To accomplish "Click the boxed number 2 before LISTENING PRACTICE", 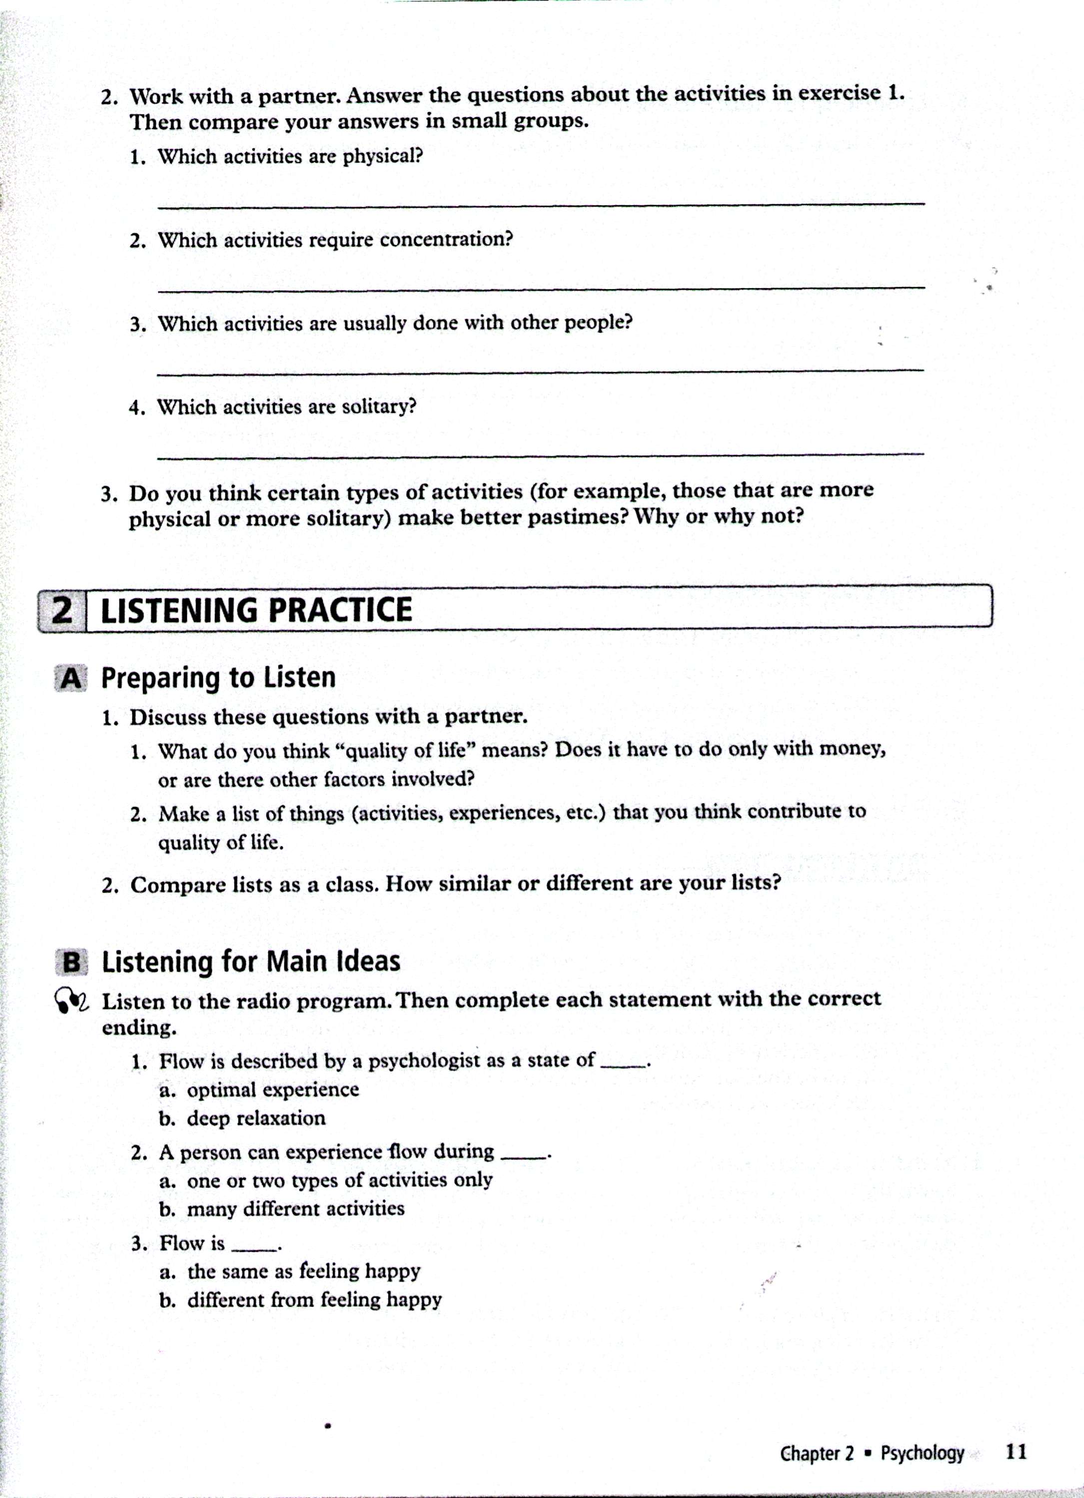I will click(x=62, y=610).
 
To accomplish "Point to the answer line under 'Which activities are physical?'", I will click(x=540, y=205).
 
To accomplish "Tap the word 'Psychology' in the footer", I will click(x=922, y=1453).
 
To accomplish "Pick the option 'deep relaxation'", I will click(x=256, y=1118).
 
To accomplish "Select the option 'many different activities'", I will click(x=295, y=1209).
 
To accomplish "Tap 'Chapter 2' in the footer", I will click(x=817, y=1453).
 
